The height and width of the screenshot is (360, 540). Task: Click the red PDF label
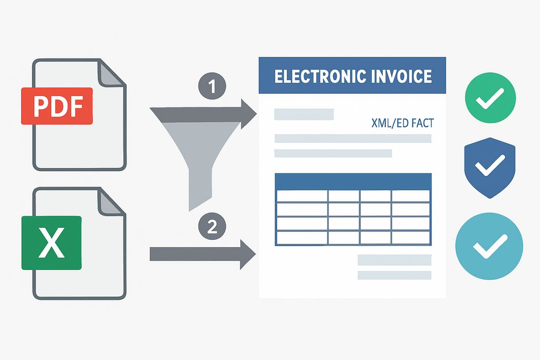click(56, 106)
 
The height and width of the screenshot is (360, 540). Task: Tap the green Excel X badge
click(51, 242)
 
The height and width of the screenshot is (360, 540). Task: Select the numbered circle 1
click(213, 86)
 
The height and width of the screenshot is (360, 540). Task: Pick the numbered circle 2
click(211, 227)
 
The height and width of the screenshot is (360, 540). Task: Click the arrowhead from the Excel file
click(246, 254)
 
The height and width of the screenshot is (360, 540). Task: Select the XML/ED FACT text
click(402, 123)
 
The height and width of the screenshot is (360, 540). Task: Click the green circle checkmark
click(490, 99)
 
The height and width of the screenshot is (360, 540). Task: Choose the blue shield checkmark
click(489, 168)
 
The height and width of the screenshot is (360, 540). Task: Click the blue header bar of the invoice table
click(353, 181)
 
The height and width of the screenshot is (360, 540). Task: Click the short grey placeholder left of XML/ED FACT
click(304, 114)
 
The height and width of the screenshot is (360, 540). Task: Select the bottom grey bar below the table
click(394, 275)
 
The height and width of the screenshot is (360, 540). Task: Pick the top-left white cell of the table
click(302, 196)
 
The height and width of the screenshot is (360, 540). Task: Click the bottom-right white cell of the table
click(411, 238)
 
